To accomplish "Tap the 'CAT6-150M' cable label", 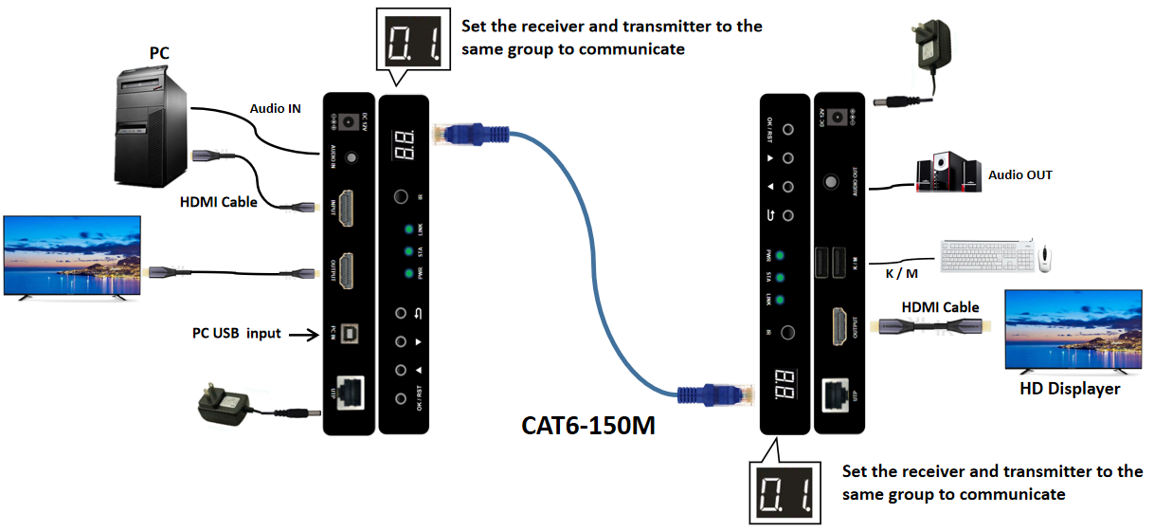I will pyautogui.click(x=588, y=425).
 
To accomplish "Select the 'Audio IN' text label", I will pyautogui.click(x=275, y=109).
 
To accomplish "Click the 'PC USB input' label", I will pyautogui.click(x=236, y=334).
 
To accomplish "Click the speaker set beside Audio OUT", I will pyautogui.click(x=947, y=175).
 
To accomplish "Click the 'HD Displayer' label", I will pyautogui.click(x=1070, y=389).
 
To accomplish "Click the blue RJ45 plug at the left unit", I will pyautogui.click(x=463, y=134).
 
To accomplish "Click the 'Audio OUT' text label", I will pyautogui.click(x=1019, y=175).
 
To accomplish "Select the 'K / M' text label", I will pyautogui.click(x=899, y=273).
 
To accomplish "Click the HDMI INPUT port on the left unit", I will pyautogui.click(x=349, y=207).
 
